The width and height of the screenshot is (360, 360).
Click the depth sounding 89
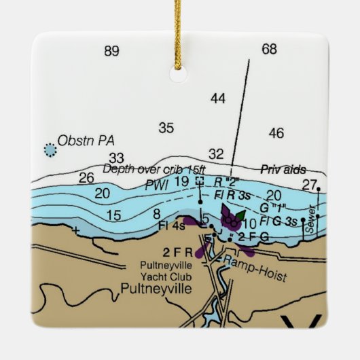coord(112,51)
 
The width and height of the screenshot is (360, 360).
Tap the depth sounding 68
coord(270,49)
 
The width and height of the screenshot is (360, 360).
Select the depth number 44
coord(217,99)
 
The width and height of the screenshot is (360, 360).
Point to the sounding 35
coord(166,127)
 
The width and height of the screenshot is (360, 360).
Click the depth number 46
coord(276,133)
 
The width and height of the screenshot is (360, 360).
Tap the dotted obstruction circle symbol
coord(50,148)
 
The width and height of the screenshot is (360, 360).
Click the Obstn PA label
coord(86,141)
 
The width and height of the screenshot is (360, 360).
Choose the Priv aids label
coord(284,169)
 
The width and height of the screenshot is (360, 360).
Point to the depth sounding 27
coord(310,184)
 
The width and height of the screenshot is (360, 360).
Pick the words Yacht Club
coord(166,276)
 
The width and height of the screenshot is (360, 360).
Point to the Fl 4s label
coord(171,225)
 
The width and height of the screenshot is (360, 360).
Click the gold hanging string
coord(181,17)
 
